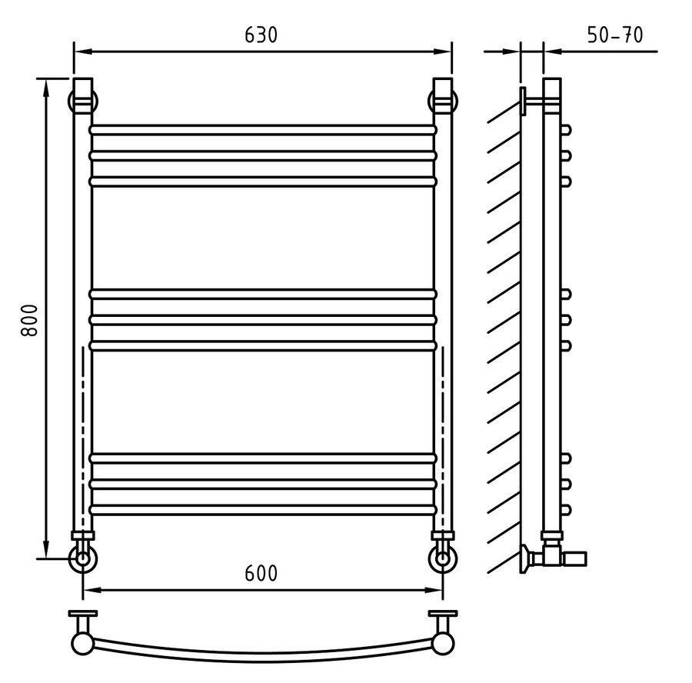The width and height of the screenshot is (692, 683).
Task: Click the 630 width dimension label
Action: (261, 35)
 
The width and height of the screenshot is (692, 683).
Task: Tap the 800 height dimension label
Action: (30, 320)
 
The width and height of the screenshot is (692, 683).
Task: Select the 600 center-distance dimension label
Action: (261, 574)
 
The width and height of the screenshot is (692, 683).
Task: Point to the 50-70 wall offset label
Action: (615, 35)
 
